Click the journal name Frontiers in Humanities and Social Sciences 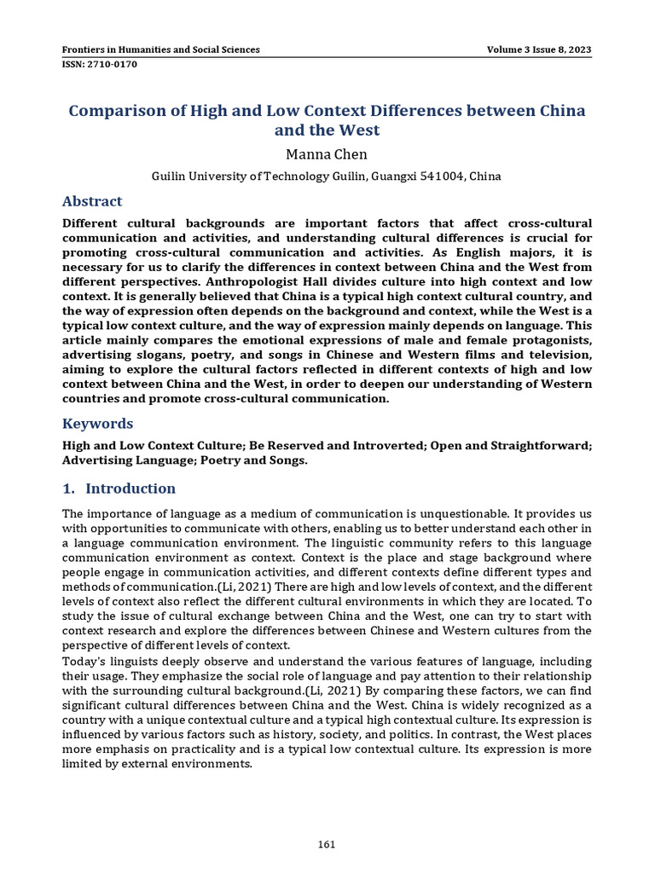161,49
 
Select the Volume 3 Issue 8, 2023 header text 539,49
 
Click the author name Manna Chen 327,154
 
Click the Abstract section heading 92,201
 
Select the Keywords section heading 98,424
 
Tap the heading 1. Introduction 119,489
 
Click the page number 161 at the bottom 327,845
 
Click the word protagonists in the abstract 542,339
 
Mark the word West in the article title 360,130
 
